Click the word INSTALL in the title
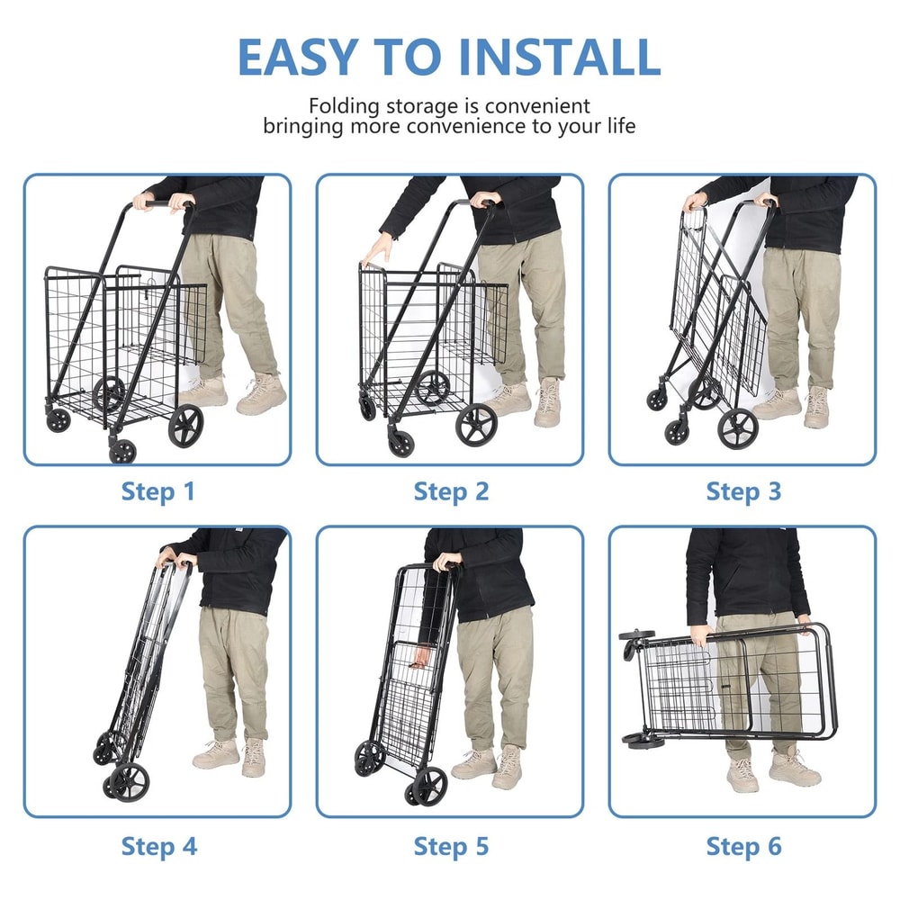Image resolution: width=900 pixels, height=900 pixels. (x=559, y=57)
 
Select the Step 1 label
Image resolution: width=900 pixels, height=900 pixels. (x=157, y=491)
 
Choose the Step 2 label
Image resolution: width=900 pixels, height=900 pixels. (x=451, y=491)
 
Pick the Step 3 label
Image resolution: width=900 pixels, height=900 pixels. (x=743, y=491)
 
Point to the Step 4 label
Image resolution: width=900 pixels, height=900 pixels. (x=157, y=846)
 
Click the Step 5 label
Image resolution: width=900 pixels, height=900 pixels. (x=451, y=846)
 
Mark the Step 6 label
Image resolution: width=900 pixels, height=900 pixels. (x=743, y=846)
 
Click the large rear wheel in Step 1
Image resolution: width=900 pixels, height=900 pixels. (x=186, y=425)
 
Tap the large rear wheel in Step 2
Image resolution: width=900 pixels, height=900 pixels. (x=476, y=426)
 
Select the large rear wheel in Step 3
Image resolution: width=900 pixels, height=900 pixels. (x=737, y=428)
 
